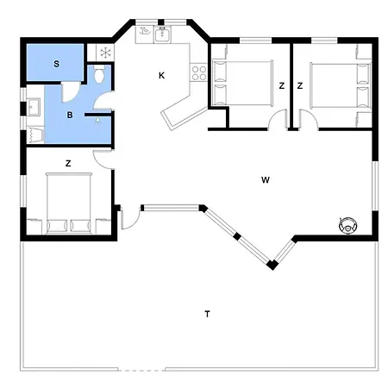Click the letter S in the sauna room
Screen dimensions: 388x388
(57, 64)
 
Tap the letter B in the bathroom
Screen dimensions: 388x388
(70, 116)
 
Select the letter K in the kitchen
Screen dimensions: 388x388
(162, 76)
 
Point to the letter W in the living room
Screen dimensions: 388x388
(266, 180)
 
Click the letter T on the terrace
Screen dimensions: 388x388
(207, 314)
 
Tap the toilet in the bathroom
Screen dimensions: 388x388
(99, 74)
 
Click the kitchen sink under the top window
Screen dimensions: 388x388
(163, 34)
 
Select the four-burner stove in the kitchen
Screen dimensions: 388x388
(199, 72)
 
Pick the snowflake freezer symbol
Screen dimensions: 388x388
(106, 53)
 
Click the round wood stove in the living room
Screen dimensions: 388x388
(347, 225)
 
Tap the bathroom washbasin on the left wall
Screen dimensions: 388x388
(34, 107)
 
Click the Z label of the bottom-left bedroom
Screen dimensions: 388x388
(68, 164)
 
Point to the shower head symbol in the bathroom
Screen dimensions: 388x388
(98, 121)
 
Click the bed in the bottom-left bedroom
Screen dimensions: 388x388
(69, 203)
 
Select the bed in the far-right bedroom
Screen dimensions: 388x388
(341, 85)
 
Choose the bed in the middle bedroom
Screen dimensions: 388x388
(242, 83)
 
